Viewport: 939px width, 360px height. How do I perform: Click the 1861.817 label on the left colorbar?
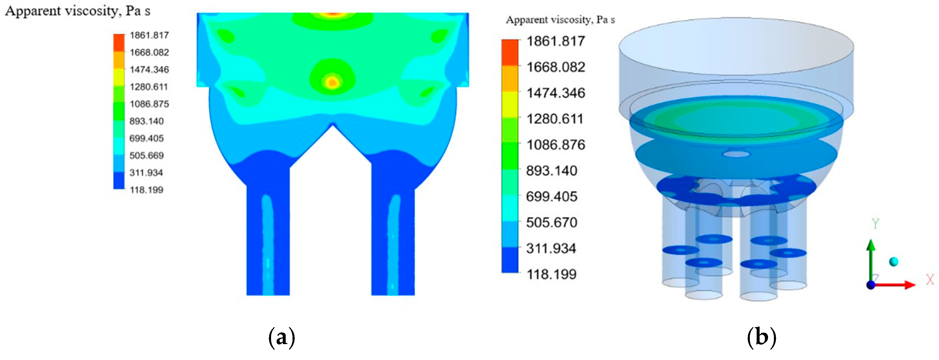coord(149,35)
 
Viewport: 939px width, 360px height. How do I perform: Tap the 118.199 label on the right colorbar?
coord(551,274)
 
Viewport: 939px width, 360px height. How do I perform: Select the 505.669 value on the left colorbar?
coord(146,156)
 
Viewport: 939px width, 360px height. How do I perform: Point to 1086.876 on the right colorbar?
coord(555,145)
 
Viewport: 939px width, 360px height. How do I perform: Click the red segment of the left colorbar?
coord(119,42)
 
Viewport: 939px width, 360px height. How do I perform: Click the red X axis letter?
coord(930,280)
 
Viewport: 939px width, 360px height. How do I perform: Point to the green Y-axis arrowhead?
coord(871,245)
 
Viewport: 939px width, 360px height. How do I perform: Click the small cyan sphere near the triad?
coord(893,262)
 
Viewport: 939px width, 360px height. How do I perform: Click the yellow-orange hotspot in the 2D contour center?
coord(332,82)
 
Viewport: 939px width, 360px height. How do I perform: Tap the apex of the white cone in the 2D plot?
coord(333,125)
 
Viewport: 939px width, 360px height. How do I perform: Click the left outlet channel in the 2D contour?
coord(268,240)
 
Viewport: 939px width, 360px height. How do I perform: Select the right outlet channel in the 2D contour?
coord(393,240)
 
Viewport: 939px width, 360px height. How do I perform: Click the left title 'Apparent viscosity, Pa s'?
coord(78,11)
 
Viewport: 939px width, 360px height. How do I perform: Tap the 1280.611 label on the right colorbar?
coord(555,119)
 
